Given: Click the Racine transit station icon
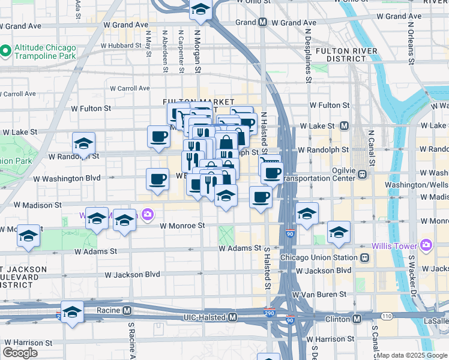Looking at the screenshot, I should [x=127, y=311].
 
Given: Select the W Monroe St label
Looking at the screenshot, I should [x=182, y=226].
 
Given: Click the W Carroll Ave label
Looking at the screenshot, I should [x=130, y=88].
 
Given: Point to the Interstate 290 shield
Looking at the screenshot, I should [x=270, y=313].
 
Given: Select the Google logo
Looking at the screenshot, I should [x=20, y=353].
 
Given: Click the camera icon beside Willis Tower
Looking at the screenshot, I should [x=426, y=245].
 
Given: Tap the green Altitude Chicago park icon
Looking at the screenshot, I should [x=5, y=51].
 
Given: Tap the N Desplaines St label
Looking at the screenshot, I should [x=308, y=56].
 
